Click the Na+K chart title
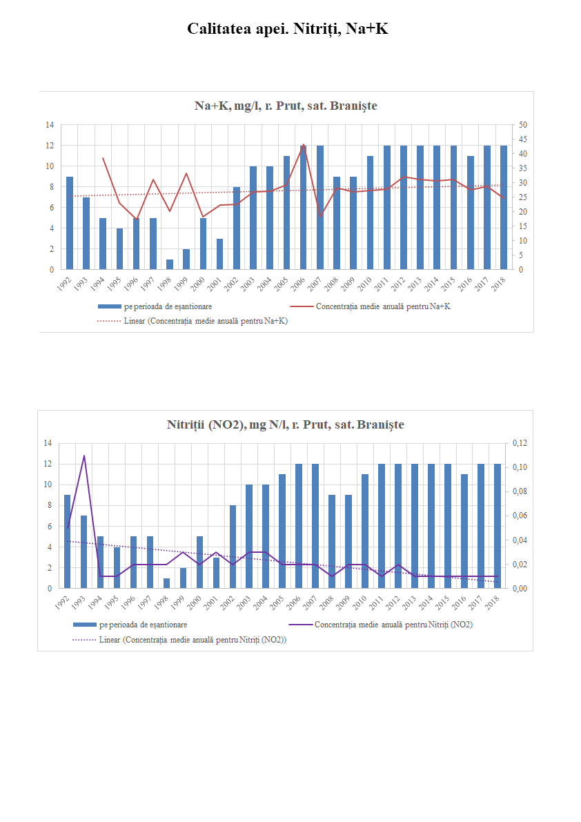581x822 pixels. coord(286,106)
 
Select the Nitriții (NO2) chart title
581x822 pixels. coord(285,424)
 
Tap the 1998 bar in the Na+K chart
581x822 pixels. coord(170,264)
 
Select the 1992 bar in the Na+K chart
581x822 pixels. coord(70,223)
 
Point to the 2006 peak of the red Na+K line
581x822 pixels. coord(303,145)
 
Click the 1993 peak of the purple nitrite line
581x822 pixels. coord(84,456)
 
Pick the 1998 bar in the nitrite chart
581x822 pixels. coord(166,583)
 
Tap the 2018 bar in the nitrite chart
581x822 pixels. coord(497,526)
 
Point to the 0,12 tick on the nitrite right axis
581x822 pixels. coord(518,443)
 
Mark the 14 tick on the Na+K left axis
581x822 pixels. coord(49,125)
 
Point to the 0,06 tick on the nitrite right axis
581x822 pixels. coord(518,516)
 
